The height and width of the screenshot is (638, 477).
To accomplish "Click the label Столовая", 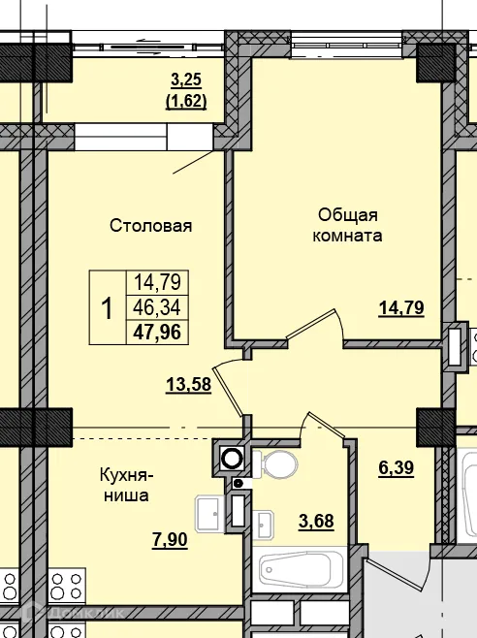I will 150,225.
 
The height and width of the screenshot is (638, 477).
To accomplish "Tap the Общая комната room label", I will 348,224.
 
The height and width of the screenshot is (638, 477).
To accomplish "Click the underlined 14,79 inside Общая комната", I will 401,310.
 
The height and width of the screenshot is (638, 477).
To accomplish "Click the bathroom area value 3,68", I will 316,522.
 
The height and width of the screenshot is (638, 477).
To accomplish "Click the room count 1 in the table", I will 107,308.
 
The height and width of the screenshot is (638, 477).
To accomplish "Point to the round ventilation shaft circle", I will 232,459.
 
